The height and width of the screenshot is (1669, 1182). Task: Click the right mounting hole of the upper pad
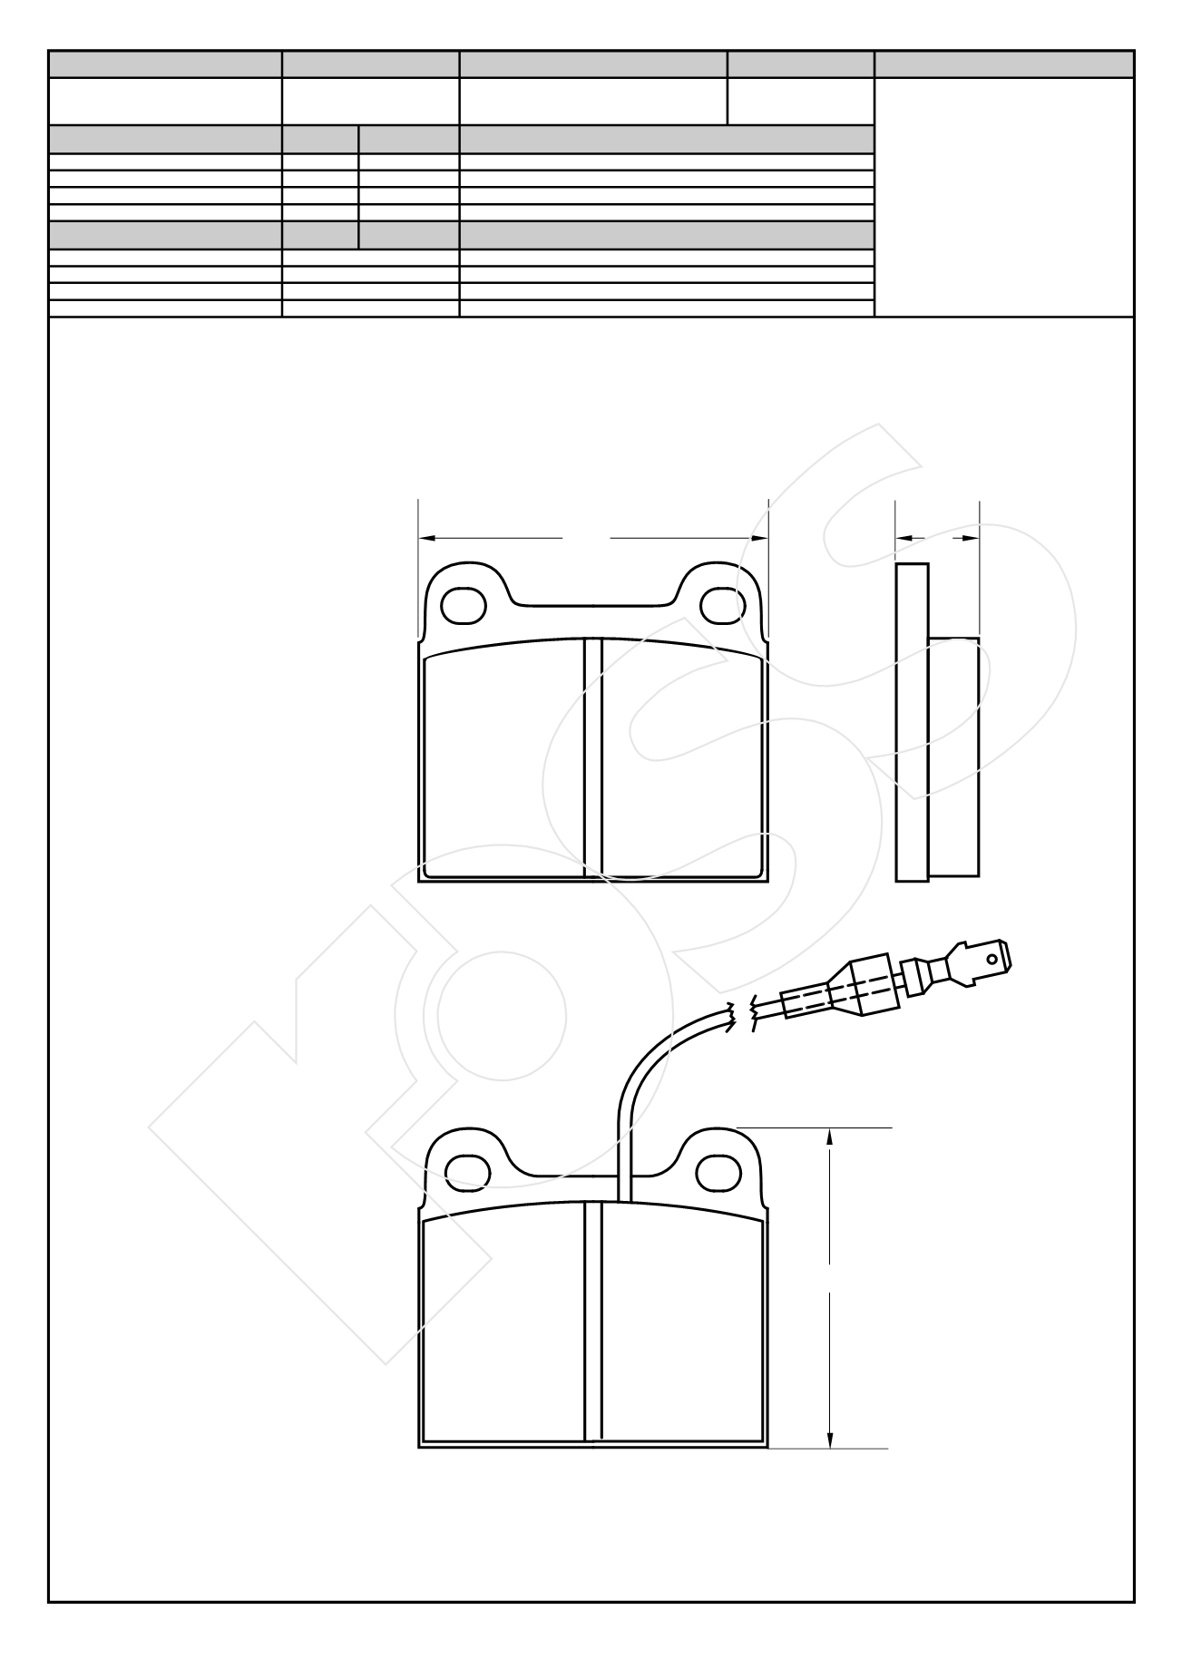pyautogui.click(x=721, y=605)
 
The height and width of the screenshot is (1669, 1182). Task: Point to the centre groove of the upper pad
pyautogui.click(x=593, y=757)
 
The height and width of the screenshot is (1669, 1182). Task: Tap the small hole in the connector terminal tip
pyautogui.click(x=997, y=955)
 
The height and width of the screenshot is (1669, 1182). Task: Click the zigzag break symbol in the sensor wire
pyautogui.click(x=741, y=1016)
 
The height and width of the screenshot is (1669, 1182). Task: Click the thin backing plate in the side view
pyautogui.click(x=912, y=722)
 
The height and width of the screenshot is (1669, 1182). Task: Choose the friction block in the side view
pyautogui.click(x=953, y=757)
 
